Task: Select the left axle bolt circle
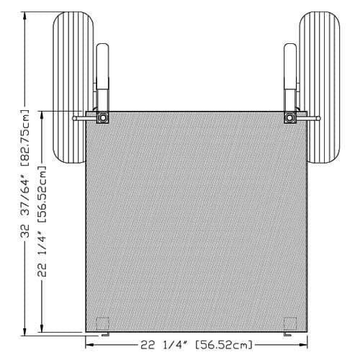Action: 103,118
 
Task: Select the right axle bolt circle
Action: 290,118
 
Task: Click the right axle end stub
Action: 314,118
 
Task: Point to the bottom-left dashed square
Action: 103,323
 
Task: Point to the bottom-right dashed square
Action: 290,323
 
